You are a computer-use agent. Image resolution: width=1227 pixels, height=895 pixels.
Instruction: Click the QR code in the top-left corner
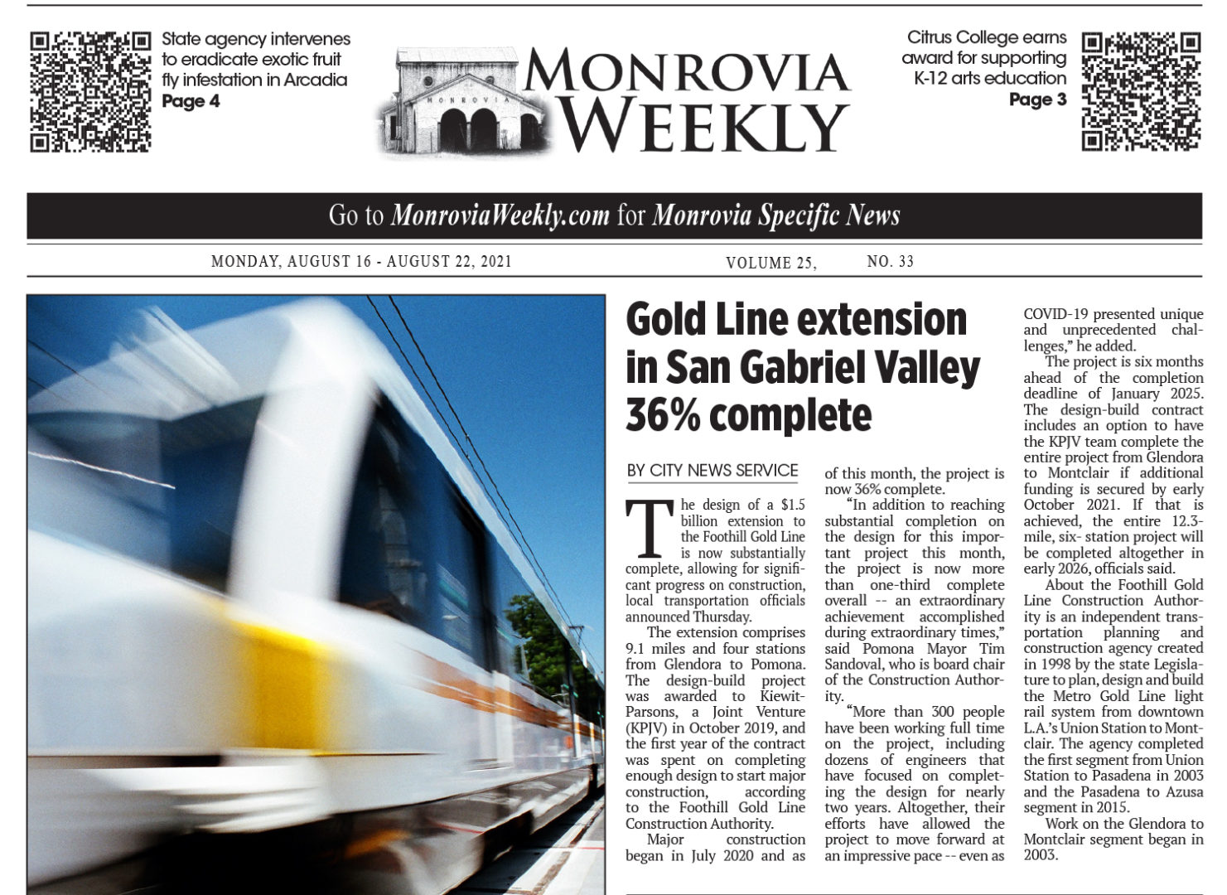pos(90,91)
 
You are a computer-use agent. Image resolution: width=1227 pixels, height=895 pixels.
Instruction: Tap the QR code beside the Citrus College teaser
pos(1141,91)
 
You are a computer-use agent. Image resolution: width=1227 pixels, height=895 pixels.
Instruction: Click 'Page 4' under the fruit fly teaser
pos(191,101)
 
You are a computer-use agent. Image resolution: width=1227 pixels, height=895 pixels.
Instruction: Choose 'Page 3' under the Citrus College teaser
pos(1037,100)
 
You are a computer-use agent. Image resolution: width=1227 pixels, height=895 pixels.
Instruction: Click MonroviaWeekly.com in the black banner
pos(500,216)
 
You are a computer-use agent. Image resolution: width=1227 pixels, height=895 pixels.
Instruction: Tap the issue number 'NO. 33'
pos(890,262)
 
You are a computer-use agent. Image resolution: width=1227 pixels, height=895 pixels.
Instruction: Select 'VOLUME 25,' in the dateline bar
pos(770,263)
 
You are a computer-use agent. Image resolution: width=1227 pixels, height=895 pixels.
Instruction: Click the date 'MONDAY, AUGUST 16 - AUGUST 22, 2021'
pos(361,262)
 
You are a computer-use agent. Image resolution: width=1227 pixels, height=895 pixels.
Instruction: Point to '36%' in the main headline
pos(663,414)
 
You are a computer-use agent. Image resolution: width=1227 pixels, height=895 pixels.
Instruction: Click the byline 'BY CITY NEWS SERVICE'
pos(713,471)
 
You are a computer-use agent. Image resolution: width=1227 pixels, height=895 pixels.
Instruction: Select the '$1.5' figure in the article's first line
pos(793,505)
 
